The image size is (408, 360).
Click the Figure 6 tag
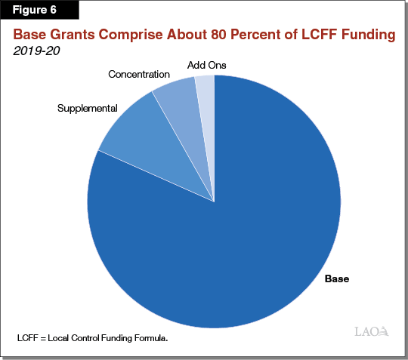39,11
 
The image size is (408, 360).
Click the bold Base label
336,278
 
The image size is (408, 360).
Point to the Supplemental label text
87,108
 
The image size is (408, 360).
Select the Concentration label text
140,74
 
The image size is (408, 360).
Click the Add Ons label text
206,65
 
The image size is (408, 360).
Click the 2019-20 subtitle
36,51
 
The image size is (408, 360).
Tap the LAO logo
371,331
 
